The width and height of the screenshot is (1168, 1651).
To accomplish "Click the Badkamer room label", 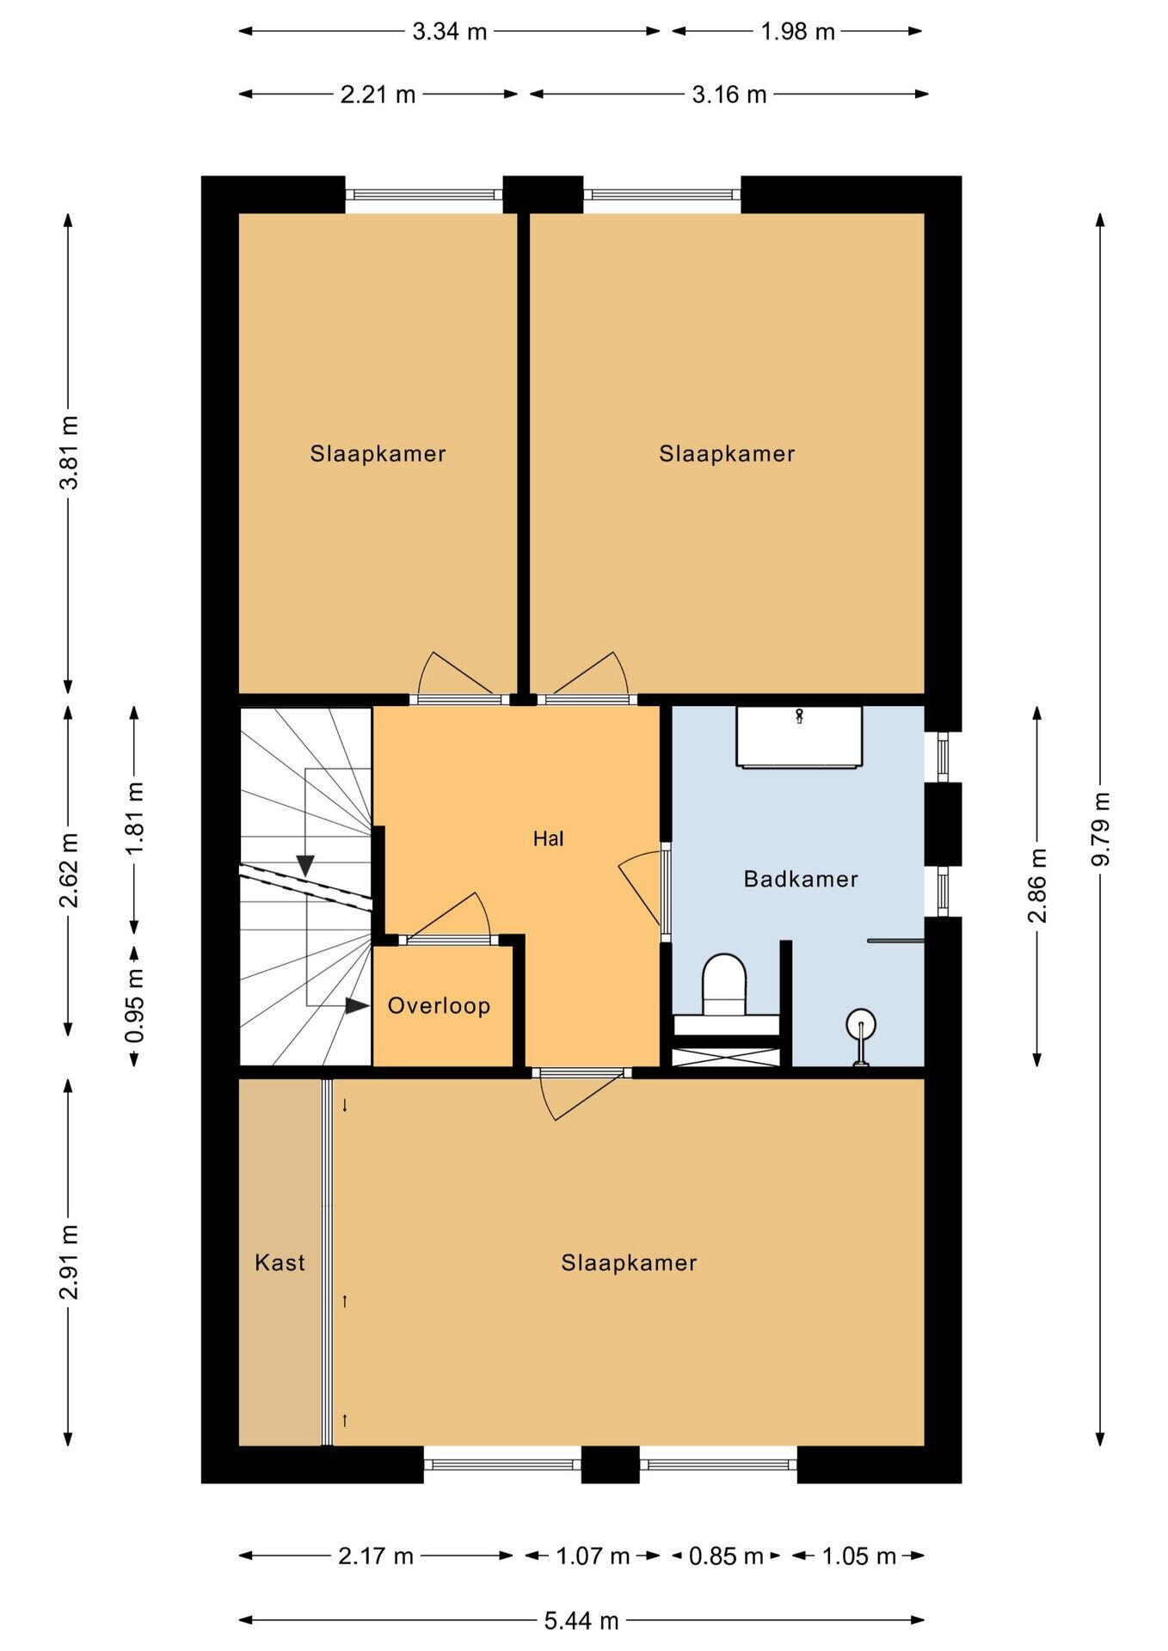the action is [x=801, y=879].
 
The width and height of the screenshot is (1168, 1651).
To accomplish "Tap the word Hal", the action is [x=548, y=838].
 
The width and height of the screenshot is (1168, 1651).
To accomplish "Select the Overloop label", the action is [x=439, y=1006].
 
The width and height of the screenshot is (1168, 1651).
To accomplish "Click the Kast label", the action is [x=280, y=1262].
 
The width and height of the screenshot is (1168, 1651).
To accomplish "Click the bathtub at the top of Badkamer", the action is [x=799, y=737].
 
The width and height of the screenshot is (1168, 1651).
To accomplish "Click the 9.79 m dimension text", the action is [x=1100, y=829].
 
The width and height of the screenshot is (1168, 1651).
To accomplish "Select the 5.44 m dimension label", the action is [x=581, y=1621].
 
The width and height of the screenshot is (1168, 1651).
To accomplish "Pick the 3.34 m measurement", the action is [x=450, y=32].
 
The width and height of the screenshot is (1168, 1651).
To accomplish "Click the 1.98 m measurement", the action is [x=797, y=32].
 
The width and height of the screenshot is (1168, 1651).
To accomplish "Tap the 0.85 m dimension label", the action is [x=726, y=1556].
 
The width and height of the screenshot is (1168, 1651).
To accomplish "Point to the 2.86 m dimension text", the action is [x=1037, y=885].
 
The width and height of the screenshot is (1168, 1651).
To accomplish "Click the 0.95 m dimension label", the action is [x=134, y=1005].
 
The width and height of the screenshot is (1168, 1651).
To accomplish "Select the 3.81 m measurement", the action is [x=69, y=452].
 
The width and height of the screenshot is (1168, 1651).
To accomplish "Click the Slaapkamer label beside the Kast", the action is [x=629, y=1262].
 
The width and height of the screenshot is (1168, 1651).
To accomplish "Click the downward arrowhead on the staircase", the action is [x=305, y=866].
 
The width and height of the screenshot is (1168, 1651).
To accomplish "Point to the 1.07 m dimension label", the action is [x=593, y=1556].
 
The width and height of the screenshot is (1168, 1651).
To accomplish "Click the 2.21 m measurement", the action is [x=378, y=95].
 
